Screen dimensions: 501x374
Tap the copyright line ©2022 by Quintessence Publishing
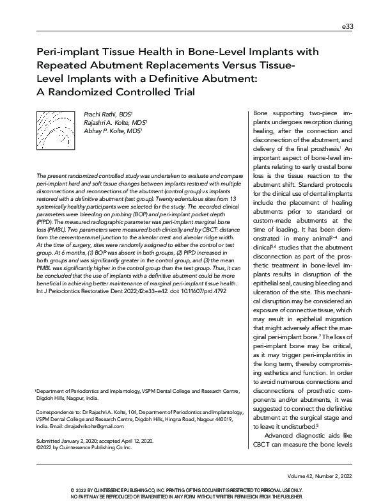pyautogui.click(x=83, y=448)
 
